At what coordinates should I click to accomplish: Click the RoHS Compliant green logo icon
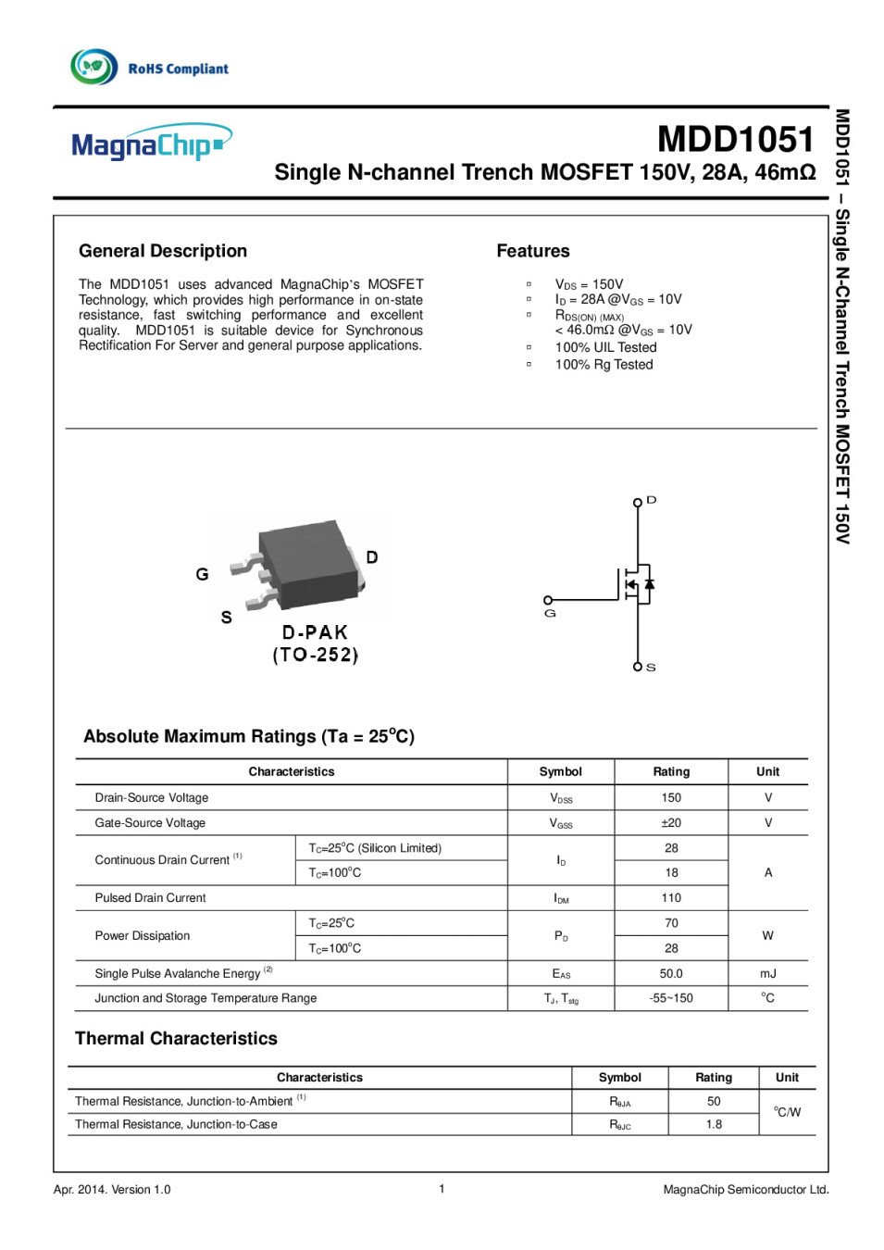93,67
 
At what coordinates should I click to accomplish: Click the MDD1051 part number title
736,140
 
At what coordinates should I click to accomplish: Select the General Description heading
163,251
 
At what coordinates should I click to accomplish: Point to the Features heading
533,251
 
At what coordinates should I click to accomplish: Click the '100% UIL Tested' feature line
605,347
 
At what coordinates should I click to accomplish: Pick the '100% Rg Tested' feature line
604,365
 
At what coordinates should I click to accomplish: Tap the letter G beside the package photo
202,574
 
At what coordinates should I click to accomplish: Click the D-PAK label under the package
315,632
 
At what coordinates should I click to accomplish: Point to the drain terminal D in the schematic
638,502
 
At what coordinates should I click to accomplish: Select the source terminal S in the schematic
638,667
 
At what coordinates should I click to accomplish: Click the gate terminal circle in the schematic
548,600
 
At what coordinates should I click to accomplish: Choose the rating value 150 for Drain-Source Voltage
671,797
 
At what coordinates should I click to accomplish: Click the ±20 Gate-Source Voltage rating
671,822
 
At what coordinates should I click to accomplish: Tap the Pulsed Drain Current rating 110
671,897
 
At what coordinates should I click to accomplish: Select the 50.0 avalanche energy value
671,973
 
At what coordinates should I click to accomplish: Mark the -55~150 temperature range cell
671,998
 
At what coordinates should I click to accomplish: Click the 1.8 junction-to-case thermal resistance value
714,1124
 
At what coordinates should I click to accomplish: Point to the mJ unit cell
767,973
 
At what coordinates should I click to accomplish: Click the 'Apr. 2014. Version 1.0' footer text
112,1190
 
